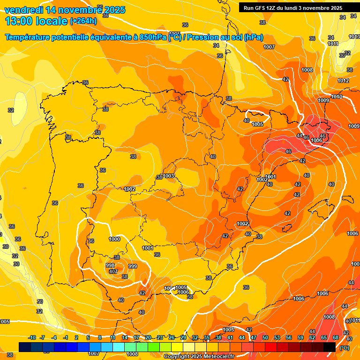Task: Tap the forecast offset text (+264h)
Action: (83, 21)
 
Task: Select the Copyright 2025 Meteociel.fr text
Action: (199, 357)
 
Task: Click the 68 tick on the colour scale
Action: (336, 337)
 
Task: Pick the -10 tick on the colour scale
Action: (32, 337)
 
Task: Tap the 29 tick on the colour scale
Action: (183, 337)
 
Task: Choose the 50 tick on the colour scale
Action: (265, 337)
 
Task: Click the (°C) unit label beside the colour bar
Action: (345, 348)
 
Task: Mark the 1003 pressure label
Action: (169, 176)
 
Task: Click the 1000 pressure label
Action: (114, 239)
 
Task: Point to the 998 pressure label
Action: (110, 265)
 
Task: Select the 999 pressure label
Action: (133, 266)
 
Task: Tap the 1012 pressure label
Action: (343, 81)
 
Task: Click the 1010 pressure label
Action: (337, 97)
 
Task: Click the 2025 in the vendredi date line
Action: (112, 9)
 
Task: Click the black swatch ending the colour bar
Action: (330, 347)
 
